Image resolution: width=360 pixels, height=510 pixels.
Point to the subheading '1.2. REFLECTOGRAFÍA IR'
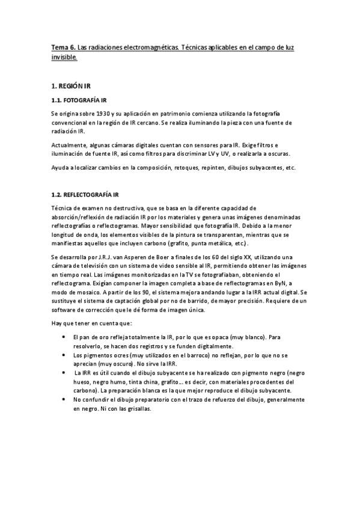tap(85, 194)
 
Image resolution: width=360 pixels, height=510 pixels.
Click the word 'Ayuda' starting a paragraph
tap(61, 167)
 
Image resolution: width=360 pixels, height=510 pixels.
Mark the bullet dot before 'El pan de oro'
tap(64, 338)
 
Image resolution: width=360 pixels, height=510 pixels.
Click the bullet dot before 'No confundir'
tap(64, 399)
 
